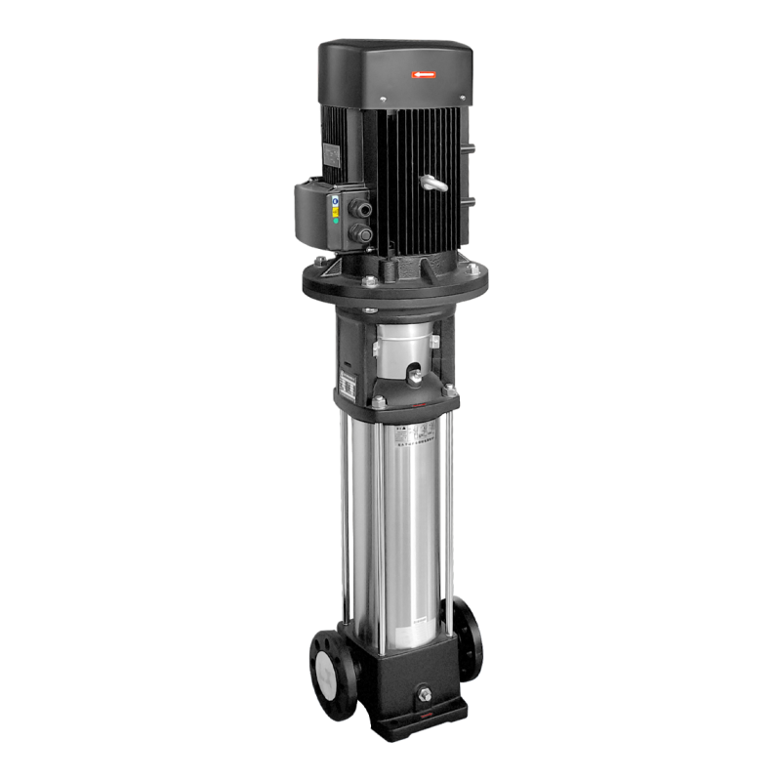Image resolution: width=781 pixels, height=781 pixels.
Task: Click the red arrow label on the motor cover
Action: click(x=426, y=72)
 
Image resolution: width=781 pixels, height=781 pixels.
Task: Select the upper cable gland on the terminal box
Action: click(x=365, y=206)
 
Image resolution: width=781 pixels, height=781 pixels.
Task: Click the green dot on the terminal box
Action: click(x=337, y=221)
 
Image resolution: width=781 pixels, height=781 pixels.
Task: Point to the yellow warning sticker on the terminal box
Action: click(x=337, y=208)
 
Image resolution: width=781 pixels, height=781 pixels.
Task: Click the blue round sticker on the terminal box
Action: click(x=336, y=197)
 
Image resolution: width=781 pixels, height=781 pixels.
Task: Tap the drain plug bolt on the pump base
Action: click(x=426, y=694)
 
